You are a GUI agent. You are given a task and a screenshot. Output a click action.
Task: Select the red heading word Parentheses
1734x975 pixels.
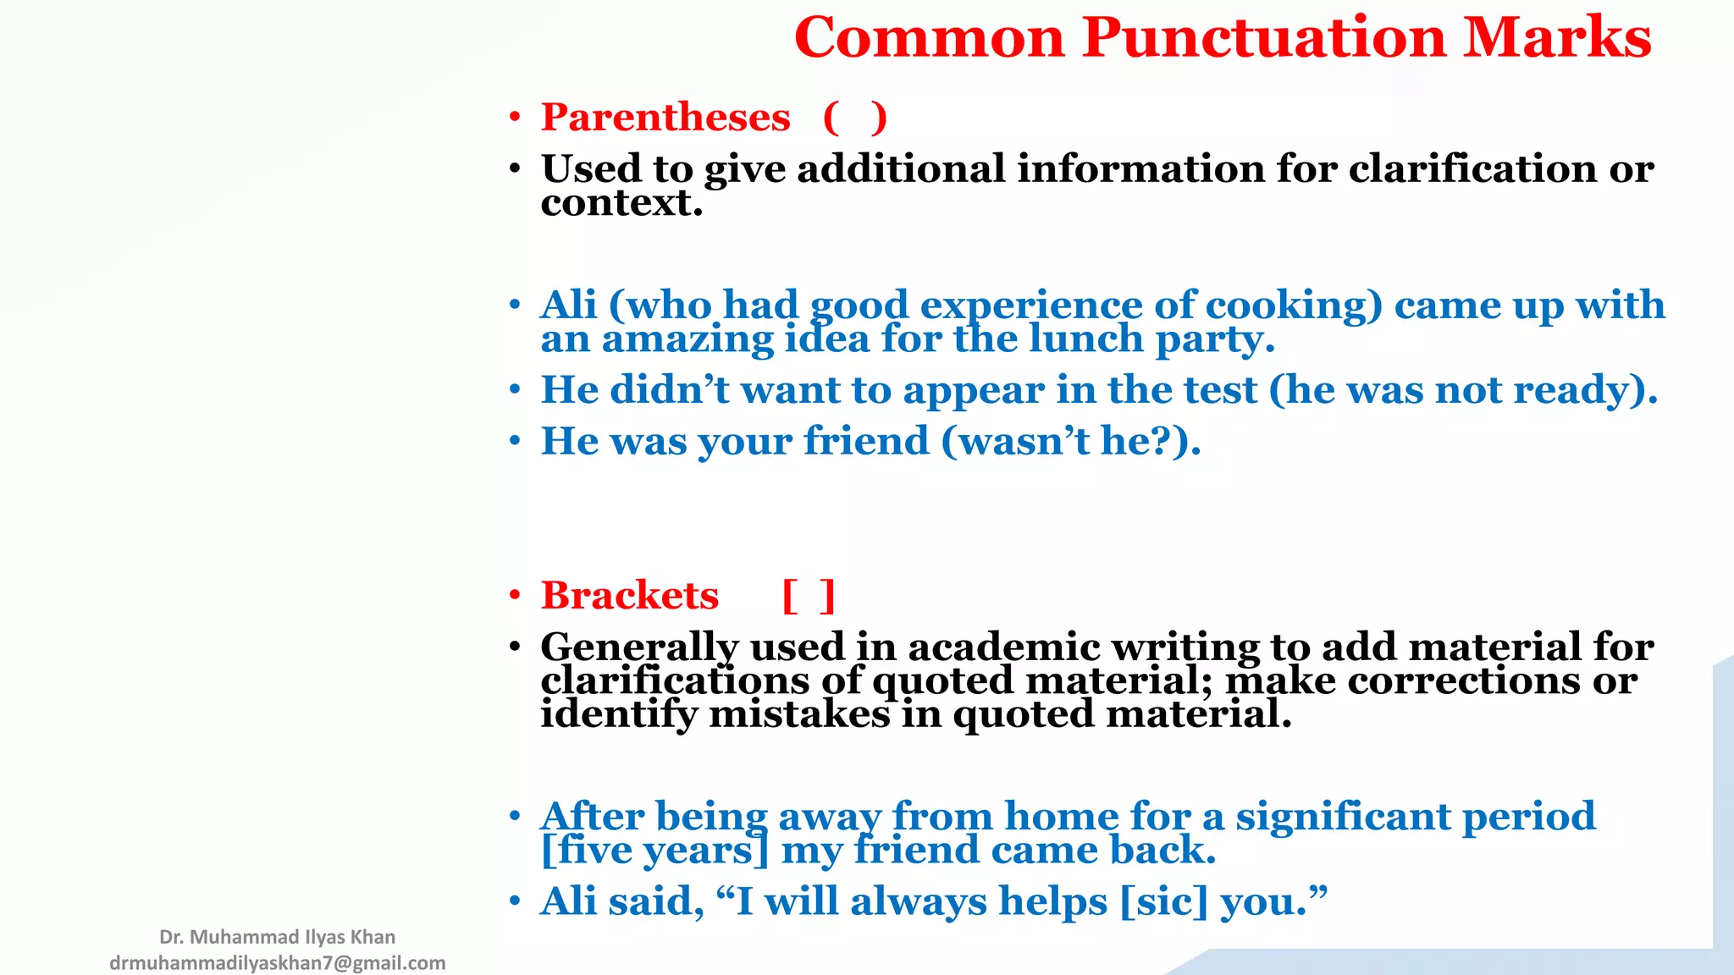[665, 117]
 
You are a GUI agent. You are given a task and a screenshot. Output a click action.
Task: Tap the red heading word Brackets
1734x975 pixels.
[630, 595]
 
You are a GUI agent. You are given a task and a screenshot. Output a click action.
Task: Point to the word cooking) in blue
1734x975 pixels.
[1294, 306]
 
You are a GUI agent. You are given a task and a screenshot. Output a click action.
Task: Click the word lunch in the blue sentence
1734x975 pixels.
[1086, 339]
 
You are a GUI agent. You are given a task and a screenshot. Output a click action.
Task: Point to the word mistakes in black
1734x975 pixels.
[799, 715]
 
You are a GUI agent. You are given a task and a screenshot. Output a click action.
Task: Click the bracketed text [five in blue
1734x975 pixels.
[586, 850]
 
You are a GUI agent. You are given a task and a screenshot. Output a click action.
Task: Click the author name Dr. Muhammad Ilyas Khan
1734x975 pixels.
[277, 937]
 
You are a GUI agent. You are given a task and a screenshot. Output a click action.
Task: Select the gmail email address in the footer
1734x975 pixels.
[277, 963]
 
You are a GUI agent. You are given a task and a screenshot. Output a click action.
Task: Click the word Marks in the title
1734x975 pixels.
[1557, 38]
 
